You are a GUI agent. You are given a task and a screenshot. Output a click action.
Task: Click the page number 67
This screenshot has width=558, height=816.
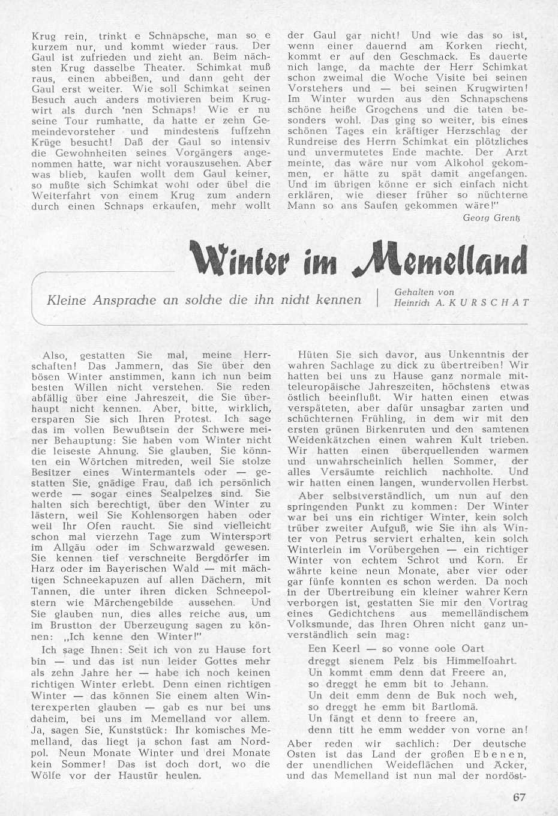click(x=519, y=797)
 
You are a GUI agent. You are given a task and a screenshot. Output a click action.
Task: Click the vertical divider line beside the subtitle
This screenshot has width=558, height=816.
click(x=377, y=298)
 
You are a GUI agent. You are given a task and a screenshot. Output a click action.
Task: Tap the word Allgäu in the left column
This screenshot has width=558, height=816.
click(x=65, y=547)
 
